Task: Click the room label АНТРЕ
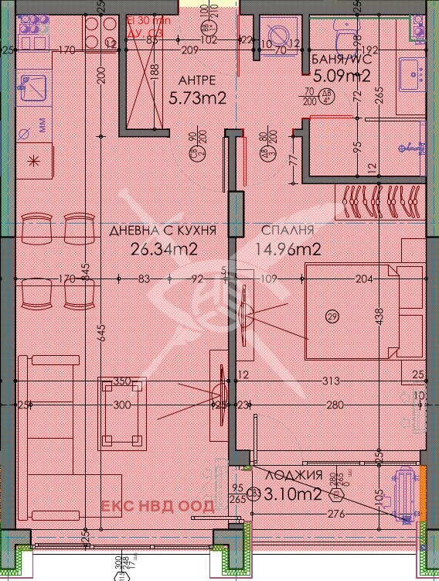point(196,80)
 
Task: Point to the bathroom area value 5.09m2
point(342,76)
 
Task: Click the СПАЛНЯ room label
point(287,231)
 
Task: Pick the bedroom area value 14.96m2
point(289,249)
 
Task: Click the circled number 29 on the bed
point(333,316)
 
